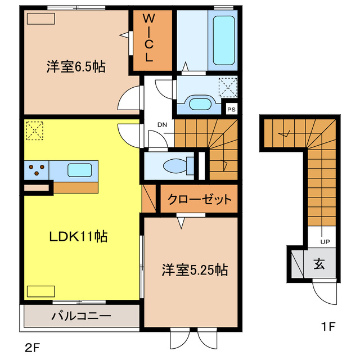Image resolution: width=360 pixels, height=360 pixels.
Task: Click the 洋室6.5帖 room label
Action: (x=76, y=66)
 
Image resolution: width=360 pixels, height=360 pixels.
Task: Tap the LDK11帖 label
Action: (x=70, y=236)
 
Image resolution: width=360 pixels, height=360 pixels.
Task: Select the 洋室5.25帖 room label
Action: (x=195, y=269)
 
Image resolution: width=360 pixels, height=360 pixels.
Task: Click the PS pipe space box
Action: (x=231, y=110)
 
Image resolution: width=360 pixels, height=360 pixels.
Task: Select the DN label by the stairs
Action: (x=161, y=124)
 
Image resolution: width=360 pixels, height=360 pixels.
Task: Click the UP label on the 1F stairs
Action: (x=325, y=241)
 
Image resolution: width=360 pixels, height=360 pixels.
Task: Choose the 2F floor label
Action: (x=31, y=345)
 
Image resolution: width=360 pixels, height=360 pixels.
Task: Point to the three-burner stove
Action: (x=37, y=169)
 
